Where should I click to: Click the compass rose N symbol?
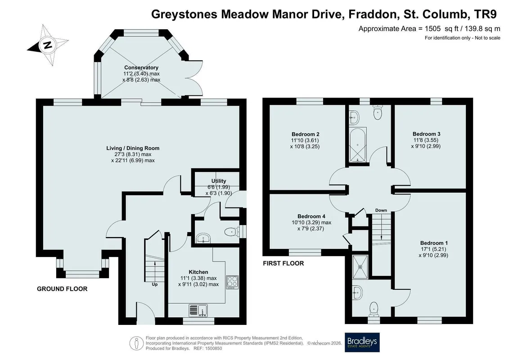[x=48, y=45]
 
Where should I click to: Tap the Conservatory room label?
[x=141, y=67]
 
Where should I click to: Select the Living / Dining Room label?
[x=133, y=148]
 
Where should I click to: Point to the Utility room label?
[x=218, y=181]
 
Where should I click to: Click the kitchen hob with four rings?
[x=232, y=282]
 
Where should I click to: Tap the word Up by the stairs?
[x=154, y=284]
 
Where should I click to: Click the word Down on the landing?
[x=381, y=210]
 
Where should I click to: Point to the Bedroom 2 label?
[x=306, y=134]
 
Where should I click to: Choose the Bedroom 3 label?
[x=427, y=134]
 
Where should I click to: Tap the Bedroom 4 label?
[x=311, y=216]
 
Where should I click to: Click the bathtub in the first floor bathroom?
[x=357, y=145]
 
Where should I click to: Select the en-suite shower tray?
[x=360, y=267]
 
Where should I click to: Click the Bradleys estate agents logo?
[x=362, y=342]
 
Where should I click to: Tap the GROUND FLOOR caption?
[x=62, y=289]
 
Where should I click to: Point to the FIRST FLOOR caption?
[x=284, y=263]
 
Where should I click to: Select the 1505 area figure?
[x=432, y=28]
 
